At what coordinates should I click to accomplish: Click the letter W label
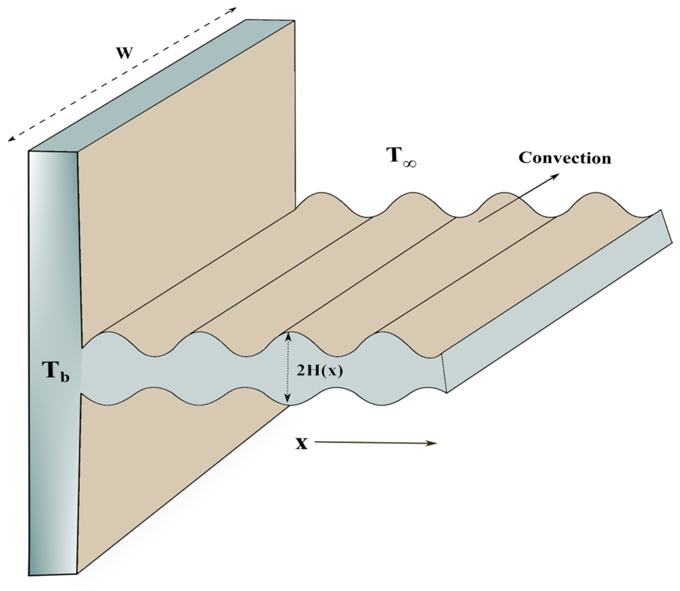coord(125,53)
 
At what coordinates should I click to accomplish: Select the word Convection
coord(565,158)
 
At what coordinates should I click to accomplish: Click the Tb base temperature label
coord(56,372)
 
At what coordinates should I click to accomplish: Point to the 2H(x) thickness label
coord(320,372)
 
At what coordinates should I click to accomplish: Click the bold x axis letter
coord(301,444)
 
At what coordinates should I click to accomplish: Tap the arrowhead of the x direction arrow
coord(434,443)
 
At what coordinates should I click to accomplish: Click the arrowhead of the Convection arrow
coord(556,175)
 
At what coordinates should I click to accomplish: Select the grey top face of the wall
coord(161,87)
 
